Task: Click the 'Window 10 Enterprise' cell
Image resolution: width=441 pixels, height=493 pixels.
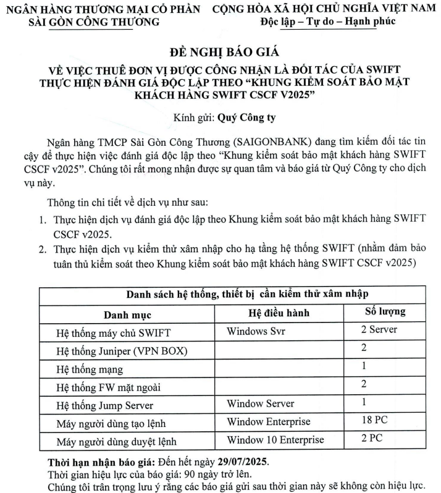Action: click(x=275, y=440)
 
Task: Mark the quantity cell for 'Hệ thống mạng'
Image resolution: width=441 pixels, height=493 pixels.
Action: click(x=364, y=366)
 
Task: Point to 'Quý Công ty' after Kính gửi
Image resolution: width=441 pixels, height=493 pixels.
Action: click(x=238, y=116)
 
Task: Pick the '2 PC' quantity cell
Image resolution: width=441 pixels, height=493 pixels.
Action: click(x=371, y=439)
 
